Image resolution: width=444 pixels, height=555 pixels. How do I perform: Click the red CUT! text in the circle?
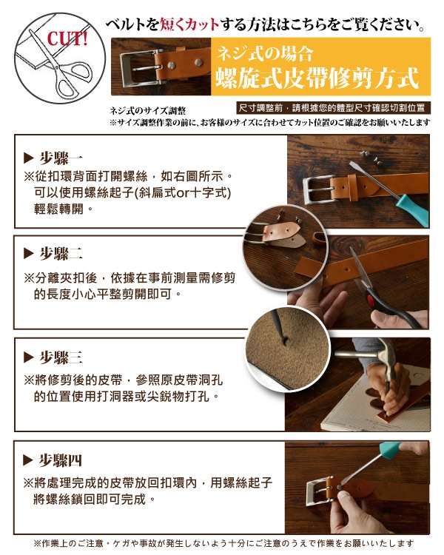[67, 38]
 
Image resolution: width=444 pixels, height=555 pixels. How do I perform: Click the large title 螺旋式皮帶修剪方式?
[317, 78]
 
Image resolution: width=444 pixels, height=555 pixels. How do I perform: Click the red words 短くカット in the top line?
[189, 24]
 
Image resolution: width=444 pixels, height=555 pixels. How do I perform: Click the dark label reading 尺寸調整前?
[260, 108]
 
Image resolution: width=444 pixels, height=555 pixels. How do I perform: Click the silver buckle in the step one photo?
[319, 189]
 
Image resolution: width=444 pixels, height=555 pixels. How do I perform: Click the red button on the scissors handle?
[371, 300]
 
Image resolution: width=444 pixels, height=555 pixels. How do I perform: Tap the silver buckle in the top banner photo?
[140, 68]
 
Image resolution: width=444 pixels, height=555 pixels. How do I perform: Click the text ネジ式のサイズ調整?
[148, 111]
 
